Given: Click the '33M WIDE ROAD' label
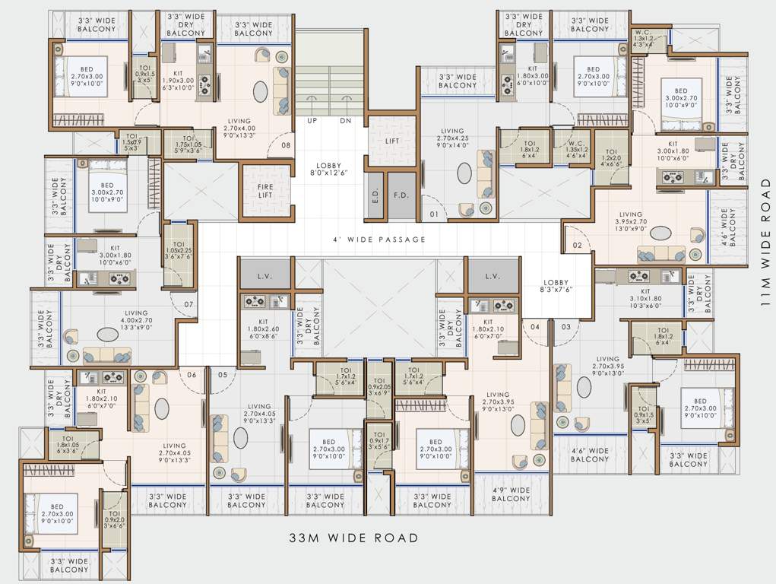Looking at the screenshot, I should [353, 538].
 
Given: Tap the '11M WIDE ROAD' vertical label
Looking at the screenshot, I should [765, 242].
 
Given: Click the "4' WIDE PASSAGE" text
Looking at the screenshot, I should [379, 240].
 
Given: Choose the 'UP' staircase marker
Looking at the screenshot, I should [312, 121].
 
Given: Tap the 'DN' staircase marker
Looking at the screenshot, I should [346, 121].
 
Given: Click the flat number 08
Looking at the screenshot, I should [286, 145].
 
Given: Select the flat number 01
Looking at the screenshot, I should [434, 214].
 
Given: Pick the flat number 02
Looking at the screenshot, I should [577, 245].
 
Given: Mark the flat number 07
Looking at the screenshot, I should [188, 306].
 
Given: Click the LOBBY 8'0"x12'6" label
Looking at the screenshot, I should [329, 170].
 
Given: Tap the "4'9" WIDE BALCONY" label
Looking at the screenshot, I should [511, 494].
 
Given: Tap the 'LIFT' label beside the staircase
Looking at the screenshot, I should [392, 141].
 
